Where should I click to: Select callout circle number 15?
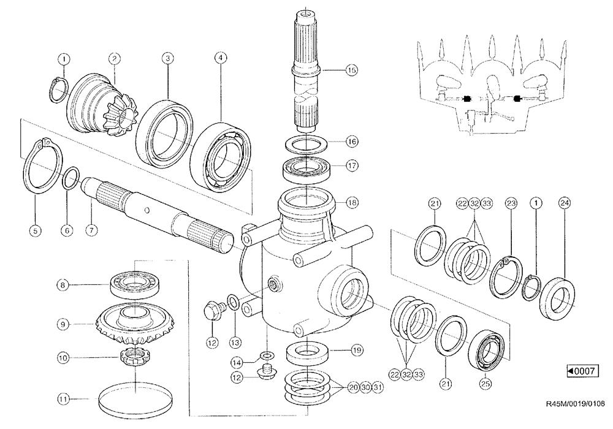(x=351, y=70)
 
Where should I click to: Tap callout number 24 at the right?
(x=564, y=203)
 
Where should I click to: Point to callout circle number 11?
(x=64, y=399)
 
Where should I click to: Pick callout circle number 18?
(x=351, y=202)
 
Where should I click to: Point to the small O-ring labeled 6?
(x=70, y=180)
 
